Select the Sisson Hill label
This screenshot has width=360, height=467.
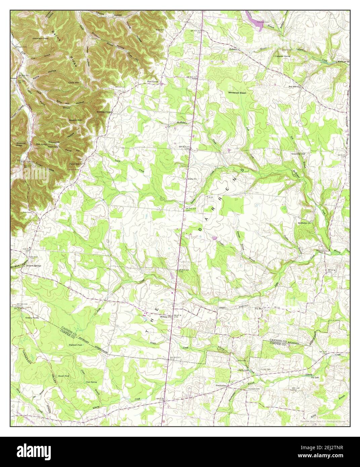tap(75, 120)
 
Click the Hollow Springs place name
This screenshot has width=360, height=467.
tap(34, 265)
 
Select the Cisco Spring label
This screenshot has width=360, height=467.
tap(91, 382)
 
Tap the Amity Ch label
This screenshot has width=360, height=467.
tap(192, 179)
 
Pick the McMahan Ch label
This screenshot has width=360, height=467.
tap(305, 223)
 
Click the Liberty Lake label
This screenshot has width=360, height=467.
tap(243, 370)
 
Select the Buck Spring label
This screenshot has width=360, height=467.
tap(152, 81)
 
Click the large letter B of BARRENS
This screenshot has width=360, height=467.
tap(201, 230)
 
